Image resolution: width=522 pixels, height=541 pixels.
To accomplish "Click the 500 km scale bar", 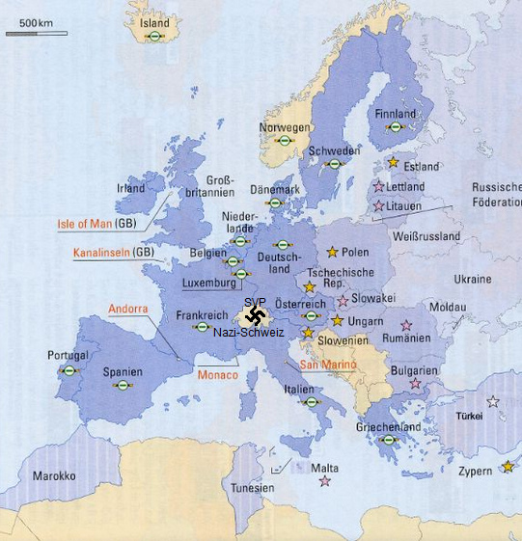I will point(37,33).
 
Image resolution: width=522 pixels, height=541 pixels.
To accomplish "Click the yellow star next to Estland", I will point(392,162).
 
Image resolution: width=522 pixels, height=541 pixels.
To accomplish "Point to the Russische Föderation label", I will point(496,195).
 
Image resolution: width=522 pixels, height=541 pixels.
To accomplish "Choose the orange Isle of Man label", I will point(84,224).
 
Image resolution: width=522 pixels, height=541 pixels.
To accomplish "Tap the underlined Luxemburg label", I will point(208,284).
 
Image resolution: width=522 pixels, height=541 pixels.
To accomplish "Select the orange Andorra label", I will point(127,310).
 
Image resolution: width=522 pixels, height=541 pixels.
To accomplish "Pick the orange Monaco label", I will point(217,374).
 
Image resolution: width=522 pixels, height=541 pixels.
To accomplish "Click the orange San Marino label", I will point(327,365).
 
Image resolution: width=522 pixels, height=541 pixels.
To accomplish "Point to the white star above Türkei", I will point(493,401).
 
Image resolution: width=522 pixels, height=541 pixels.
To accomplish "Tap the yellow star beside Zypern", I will point(508,467).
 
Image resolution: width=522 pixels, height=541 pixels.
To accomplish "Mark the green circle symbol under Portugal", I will point(69,370).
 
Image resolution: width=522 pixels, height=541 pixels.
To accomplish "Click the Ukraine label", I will point(473,279).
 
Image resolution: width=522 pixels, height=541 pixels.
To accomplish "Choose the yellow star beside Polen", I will point(333,253).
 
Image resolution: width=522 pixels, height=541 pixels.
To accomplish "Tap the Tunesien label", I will point(253,488).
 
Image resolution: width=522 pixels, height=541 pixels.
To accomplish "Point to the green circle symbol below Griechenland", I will point(388,440).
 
